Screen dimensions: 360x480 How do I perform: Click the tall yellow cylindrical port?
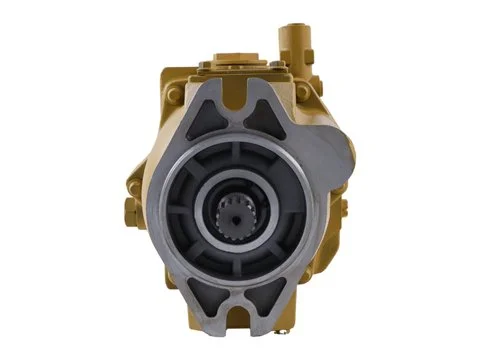292,40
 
